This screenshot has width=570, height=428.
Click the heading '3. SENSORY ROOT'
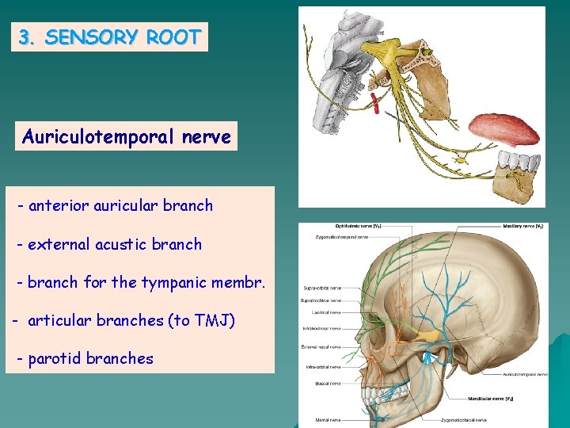(x=109, y=37)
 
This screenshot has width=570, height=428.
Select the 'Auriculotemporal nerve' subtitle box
(x=127, y=137)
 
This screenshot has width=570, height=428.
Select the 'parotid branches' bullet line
(x=86, y=359)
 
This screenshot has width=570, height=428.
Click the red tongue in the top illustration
(x=502, y=129)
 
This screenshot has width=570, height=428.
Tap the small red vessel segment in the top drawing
(x=375, y=101)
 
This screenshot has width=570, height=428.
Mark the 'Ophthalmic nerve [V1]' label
(x=359, y=227)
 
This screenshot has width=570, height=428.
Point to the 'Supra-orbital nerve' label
(x=322, y=288)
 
